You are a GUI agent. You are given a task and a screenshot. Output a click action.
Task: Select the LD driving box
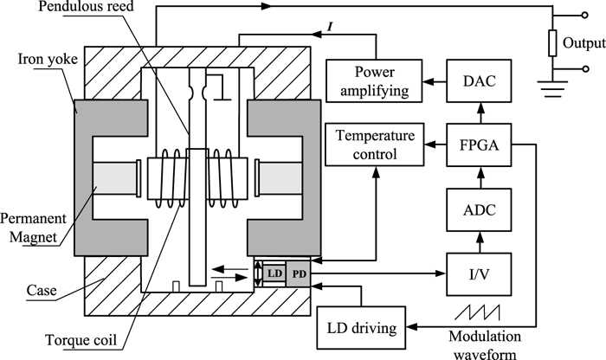[362, 328]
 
